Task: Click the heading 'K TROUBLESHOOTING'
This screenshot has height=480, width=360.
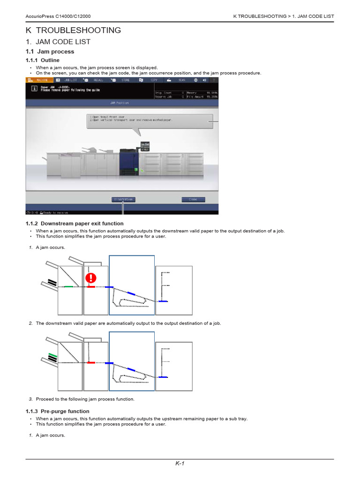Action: [x=73, y=30]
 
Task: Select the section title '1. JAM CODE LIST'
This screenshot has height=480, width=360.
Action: [x=58, y=42]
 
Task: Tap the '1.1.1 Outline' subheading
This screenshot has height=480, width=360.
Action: [x=43, y=60]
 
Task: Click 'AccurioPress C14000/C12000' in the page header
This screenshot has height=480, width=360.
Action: [x=60, y=16]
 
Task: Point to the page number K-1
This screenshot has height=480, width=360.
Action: [x=180, y=464]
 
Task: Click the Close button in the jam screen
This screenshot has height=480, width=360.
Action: [x=193, y=199]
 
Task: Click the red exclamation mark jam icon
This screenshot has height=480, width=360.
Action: [x=91, y=278]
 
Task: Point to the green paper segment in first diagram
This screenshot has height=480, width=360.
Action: [x=68, y=286]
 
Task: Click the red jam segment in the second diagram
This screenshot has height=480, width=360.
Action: [x=91, y=363]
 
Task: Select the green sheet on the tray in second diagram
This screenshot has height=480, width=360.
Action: [x=52, y=356]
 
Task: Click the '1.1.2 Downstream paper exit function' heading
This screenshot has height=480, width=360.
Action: [x=75, y=224]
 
